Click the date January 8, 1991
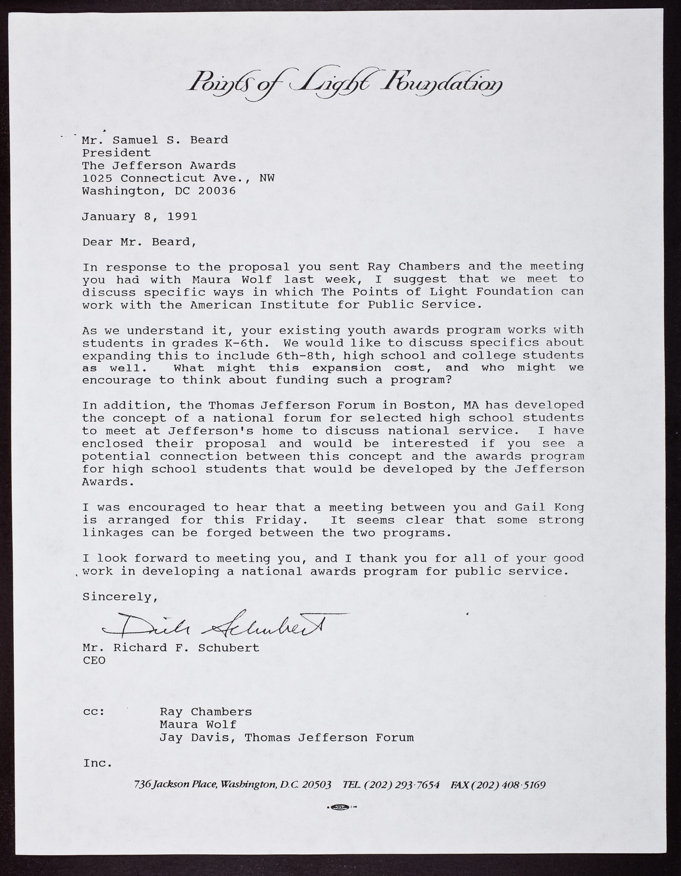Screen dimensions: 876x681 (x=140, y=217)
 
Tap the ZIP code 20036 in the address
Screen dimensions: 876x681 (x=217, y=191)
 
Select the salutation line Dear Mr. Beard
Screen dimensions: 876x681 (x=140, y=242)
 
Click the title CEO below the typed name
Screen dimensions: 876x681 (x=94, y=661)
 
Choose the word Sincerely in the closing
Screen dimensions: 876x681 (x=120, y=597)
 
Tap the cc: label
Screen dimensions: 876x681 (x=93, y=712)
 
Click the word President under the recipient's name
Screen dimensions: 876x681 (x=117, y=153)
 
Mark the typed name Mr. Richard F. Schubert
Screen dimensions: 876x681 (x=171, y=648)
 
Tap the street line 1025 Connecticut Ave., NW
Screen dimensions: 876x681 (x=178, y=178)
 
